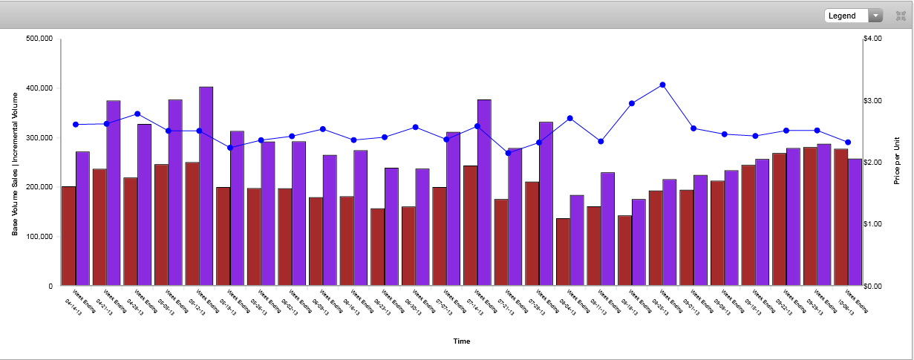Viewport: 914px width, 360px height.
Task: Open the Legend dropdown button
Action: [853, 16]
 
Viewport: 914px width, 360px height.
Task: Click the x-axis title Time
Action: [462, 341]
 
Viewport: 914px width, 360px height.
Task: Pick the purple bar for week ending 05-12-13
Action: [206, 186]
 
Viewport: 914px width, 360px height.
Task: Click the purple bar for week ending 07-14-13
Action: [484, 192]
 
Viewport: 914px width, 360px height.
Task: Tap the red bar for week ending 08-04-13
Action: [563, 252]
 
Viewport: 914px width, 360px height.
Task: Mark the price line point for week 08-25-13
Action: [662, 85]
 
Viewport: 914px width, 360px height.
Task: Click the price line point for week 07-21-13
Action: [509, 153]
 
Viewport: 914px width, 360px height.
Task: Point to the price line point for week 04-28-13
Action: [137, 114]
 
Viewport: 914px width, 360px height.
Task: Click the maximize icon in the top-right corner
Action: [901, 16]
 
